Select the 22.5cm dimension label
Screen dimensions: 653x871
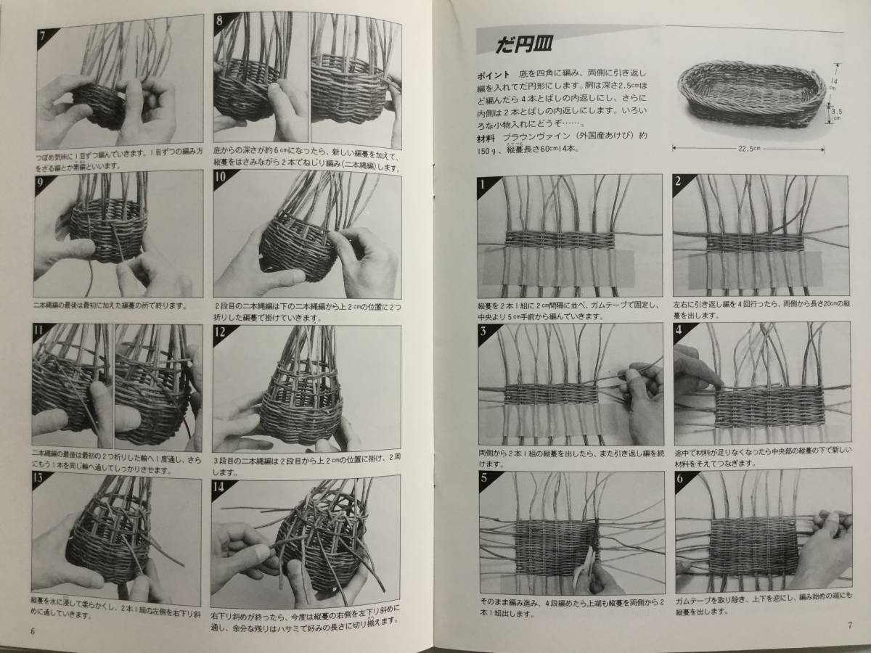pos(749,150)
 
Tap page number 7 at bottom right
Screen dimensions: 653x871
pos(848,626)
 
